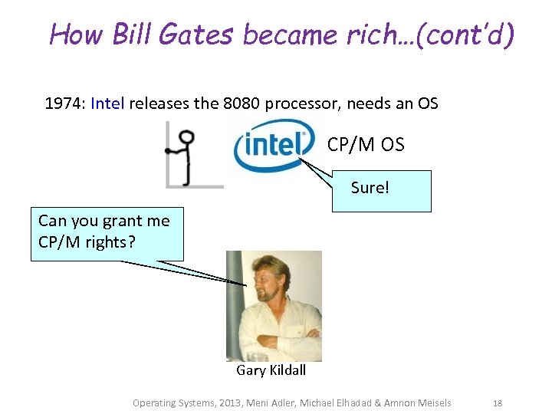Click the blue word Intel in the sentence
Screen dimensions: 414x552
107,103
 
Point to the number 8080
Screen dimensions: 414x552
242,103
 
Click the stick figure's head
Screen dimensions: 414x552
186,138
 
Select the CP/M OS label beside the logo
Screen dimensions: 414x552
365,144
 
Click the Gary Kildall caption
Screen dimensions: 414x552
271,370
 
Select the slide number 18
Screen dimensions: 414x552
497,403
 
